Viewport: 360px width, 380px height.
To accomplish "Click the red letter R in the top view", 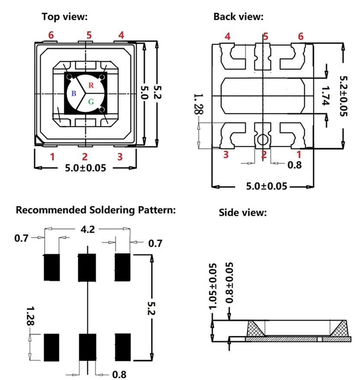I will point(91,85).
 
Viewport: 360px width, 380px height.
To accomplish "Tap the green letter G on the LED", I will point(91,102).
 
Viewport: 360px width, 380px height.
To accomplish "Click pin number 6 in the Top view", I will point(51,35).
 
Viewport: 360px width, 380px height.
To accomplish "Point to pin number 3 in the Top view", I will point(120,156).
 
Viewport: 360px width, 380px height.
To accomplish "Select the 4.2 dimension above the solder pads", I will point(88,229).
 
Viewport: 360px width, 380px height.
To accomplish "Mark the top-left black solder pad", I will point(51,267).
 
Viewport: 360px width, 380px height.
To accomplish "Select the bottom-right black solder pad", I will point(123,347).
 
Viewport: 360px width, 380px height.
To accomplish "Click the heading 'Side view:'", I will point(243,213).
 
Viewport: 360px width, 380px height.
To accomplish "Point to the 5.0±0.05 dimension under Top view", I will point(85,168).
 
